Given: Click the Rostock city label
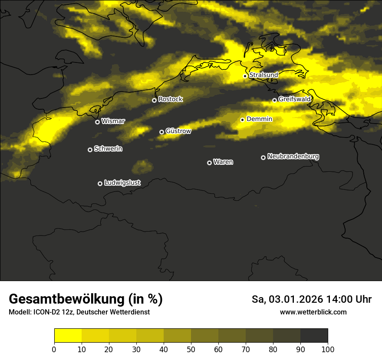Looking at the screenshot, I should (171, 99).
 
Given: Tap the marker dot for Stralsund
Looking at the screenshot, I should (245, 76).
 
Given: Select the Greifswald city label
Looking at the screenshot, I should (295, 99).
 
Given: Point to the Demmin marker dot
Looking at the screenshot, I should (242, 120).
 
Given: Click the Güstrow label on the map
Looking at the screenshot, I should (178, 131).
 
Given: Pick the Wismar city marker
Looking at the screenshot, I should (97, 122).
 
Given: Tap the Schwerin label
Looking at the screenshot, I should (108, 149).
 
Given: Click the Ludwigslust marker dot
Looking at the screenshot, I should (100, 183).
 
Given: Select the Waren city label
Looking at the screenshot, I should (223, 162).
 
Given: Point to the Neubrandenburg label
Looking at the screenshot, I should (293, 157).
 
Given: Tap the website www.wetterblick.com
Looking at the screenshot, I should (313, 312).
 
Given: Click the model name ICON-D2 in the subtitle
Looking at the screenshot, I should (46, 312).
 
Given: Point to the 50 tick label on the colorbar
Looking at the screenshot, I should (191, 349).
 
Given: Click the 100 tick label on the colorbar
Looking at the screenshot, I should (328, 349).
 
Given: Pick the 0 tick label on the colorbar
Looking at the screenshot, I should (54, 349).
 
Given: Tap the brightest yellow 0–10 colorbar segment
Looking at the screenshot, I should (68, 336).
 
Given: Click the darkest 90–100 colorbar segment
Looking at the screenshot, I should (314, 336).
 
